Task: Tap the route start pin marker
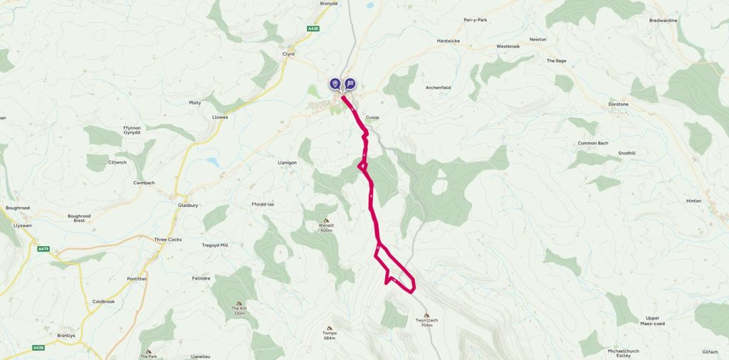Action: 335,84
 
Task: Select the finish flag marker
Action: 350,84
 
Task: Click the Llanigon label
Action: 287,162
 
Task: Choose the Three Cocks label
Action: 168,239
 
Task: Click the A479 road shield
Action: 43,249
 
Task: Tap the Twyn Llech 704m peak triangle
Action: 426,315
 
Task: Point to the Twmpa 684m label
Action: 329,335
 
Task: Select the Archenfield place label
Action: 439,87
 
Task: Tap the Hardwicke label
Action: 450,41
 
